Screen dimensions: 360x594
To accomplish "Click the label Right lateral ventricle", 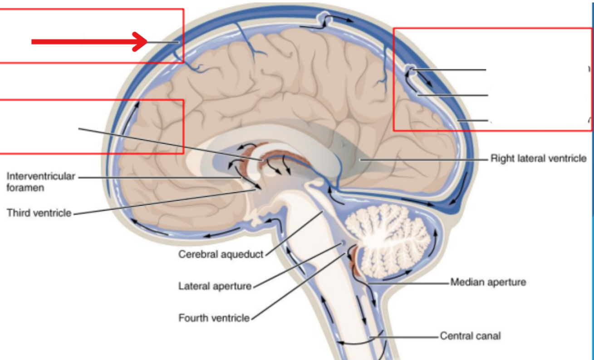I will tap(538, 159).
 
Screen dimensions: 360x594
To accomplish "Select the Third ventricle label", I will tap(39, 213).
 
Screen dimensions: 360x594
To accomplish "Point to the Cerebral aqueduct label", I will tap(221, 254).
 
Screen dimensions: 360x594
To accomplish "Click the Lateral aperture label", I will tap(215, 286).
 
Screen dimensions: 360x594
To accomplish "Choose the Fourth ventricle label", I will tap(214, 318).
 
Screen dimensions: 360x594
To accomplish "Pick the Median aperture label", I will tap(488, 282).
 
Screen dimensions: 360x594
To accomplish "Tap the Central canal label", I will tap(470, 336).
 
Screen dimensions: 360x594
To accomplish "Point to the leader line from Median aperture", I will tap(408, 283).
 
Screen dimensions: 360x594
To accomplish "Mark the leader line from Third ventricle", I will tap(163, 202).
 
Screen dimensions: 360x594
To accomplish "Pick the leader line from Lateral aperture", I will tap(295, 266).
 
